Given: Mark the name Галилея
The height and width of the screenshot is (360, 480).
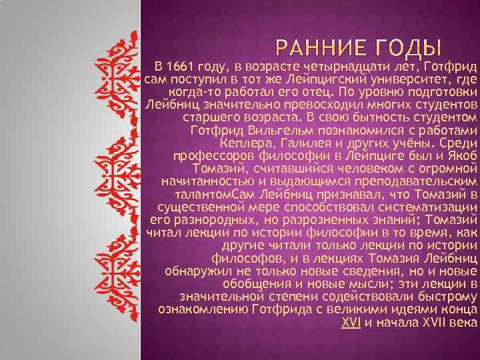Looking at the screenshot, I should click(x=301, y=143).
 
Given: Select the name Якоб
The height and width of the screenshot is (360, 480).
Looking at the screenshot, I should click(x=461, y=156).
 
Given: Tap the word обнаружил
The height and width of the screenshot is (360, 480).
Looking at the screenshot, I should click(x=197, y=271).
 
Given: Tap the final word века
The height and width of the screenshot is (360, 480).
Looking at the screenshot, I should click(x=465, y=322).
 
